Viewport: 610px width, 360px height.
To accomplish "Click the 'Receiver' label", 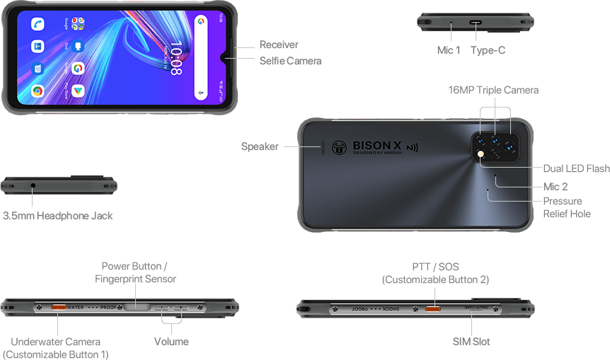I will [278, 45].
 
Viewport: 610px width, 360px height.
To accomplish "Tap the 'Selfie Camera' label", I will [290, 61].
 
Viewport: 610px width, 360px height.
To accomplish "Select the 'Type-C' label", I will [488, 50].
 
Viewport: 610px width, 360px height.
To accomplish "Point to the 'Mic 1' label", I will [449, 50].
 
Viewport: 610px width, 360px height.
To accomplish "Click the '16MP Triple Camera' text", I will [493, 90].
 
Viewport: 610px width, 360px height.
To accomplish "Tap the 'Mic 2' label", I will [555, 187].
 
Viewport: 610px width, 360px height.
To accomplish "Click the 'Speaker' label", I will [260, 146].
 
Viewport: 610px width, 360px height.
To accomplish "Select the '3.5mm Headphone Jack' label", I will [57, 215].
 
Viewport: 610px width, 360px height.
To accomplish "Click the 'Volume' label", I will [171, 342].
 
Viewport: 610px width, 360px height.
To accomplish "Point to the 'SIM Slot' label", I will [471, 342].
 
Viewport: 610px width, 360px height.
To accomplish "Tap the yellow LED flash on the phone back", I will [481, 153].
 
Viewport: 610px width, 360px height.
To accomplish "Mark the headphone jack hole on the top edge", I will [34, 186].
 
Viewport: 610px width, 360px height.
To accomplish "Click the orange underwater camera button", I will [58, 308].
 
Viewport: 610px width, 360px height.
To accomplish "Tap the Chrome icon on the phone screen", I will [37, 91].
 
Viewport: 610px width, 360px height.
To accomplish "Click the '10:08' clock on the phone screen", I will [175, 59].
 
